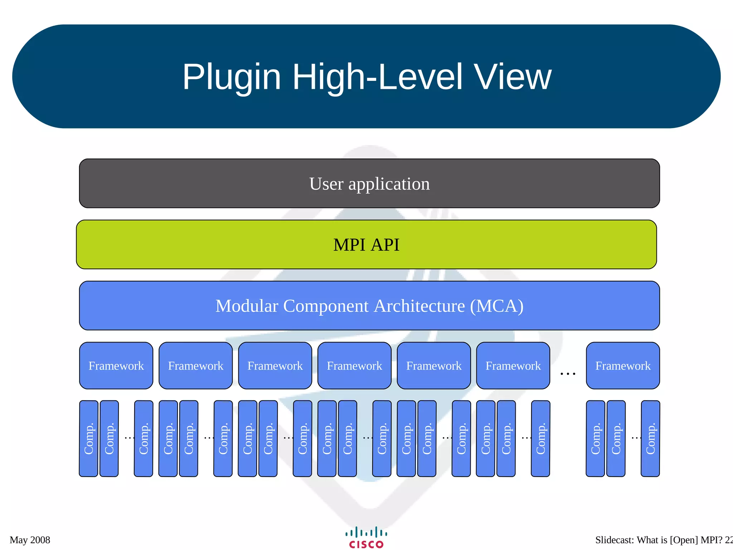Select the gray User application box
369,183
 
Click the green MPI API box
366,245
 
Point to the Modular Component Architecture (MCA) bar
369,305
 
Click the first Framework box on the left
116,366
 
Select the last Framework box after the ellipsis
623,366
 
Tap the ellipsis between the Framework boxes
568,373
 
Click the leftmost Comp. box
88,439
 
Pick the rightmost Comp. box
650,439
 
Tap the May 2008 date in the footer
30,540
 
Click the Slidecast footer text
662,540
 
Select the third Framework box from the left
275,366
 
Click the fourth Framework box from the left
354,366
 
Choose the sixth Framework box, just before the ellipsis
513,366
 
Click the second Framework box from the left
195,366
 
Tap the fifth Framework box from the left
434,366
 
